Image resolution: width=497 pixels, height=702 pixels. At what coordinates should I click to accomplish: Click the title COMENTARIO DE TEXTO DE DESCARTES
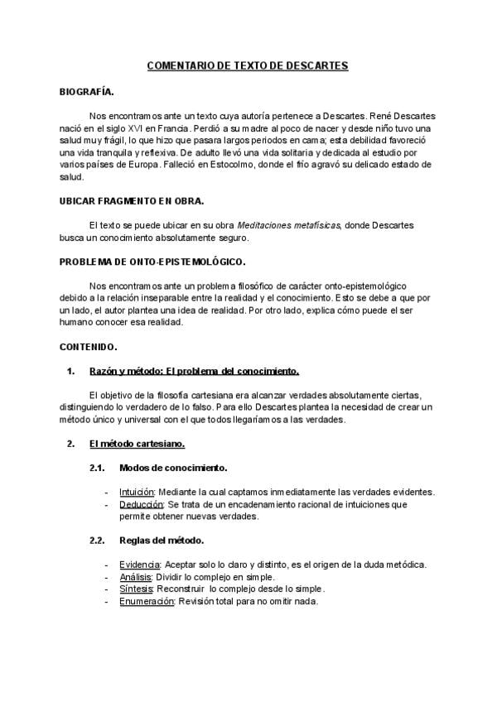pos(248,65)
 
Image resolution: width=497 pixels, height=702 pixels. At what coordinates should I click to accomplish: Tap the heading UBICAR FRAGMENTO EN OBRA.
pos(133,201)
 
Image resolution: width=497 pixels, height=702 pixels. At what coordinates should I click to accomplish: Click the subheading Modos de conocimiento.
pos(173,468)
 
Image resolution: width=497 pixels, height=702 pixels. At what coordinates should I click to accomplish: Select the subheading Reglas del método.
pos(162,541)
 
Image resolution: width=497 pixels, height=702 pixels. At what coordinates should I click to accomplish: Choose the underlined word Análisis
pos(136,577)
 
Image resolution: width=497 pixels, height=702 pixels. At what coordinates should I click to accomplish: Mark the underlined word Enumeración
pos(147,601)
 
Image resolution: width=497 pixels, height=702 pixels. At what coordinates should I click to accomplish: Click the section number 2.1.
pos(98,468)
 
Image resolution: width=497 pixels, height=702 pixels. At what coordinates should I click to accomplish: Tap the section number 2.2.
pos(98,541)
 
